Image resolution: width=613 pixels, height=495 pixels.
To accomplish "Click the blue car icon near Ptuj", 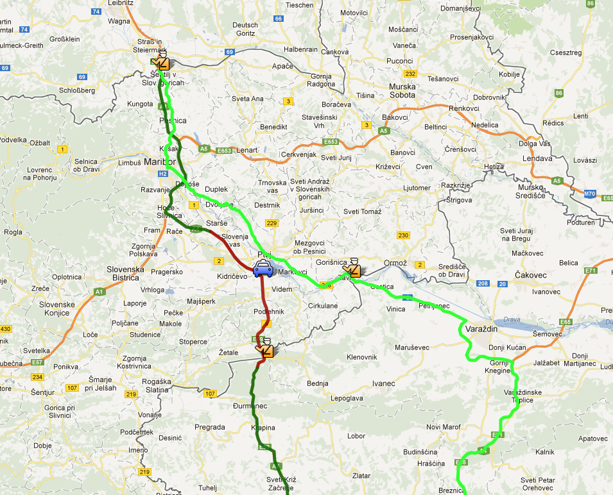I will point(263,269).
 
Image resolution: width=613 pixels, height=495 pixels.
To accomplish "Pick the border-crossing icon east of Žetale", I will point(265,349).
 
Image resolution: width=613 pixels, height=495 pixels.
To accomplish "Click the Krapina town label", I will point(264,428).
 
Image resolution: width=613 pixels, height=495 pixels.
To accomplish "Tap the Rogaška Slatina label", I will point(155,386).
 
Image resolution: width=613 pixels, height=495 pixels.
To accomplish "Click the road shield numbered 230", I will point(403,235).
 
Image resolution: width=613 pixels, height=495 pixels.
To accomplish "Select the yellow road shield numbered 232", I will point(411,74).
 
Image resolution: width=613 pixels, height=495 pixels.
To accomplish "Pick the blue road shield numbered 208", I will point(483,283).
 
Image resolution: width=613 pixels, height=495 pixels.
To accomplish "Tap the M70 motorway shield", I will point(591,192).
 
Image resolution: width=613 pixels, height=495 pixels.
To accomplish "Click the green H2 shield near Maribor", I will point(162,174).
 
